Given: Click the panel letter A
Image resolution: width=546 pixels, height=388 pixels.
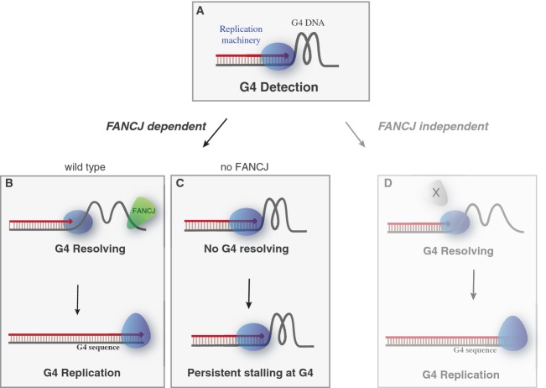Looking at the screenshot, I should (x=199, y=12).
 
